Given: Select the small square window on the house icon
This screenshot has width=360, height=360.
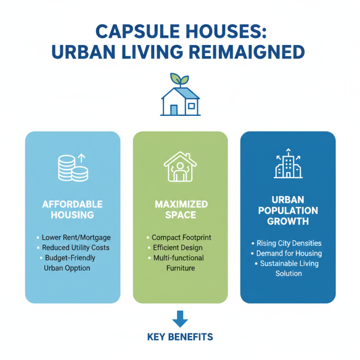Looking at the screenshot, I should pos(191,106).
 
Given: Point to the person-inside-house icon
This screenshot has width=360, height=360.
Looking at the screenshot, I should pos(180,167).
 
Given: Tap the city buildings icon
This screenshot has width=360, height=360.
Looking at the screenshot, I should pos(288,166).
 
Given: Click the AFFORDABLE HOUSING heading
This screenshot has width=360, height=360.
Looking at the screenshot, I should pos(72,209).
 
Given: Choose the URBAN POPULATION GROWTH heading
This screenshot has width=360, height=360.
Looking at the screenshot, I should pos(288,210).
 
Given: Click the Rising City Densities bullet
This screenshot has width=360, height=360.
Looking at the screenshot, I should pos(289,243).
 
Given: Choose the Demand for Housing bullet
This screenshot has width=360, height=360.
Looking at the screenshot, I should pos(289,253).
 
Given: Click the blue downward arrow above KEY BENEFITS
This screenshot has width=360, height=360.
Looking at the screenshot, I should pos(180,319).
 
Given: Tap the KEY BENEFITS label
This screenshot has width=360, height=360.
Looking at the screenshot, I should pos(180,337).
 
